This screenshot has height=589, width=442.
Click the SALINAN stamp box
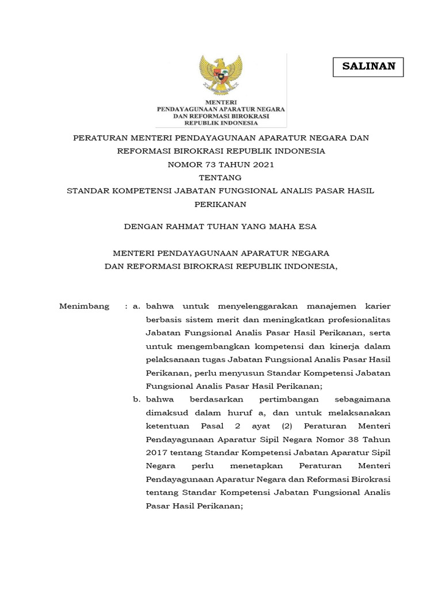(x=368, y=67)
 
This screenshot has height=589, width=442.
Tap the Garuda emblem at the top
(x=221, y=75)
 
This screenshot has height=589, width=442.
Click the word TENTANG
(x=221, y=177)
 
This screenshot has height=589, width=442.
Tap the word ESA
(x=307, y=227)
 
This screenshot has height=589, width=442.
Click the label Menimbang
(x=84, y=306)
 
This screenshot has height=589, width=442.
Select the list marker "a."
(x=136, y=306)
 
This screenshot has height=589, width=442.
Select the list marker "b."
(x=136, y=399)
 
